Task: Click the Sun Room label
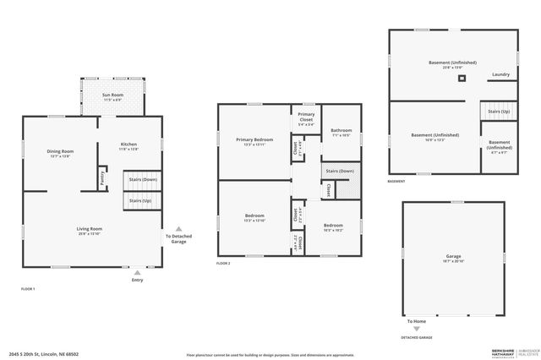coord(112,95)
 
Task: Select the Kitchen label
coord(128,145)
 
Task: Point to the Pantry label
coord(102,177)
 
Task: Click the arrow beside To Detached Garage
coord(178,227)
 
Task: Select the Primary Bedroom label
coord(254,139)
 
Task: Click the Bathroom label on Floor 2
coord(342,129)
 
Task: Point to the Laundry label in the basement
coord(500,74)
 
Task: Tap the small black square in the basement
coord(462,79)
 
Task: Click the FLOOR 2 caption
coord(223,265)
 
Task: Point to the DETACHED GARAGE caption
coord(416,337)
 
